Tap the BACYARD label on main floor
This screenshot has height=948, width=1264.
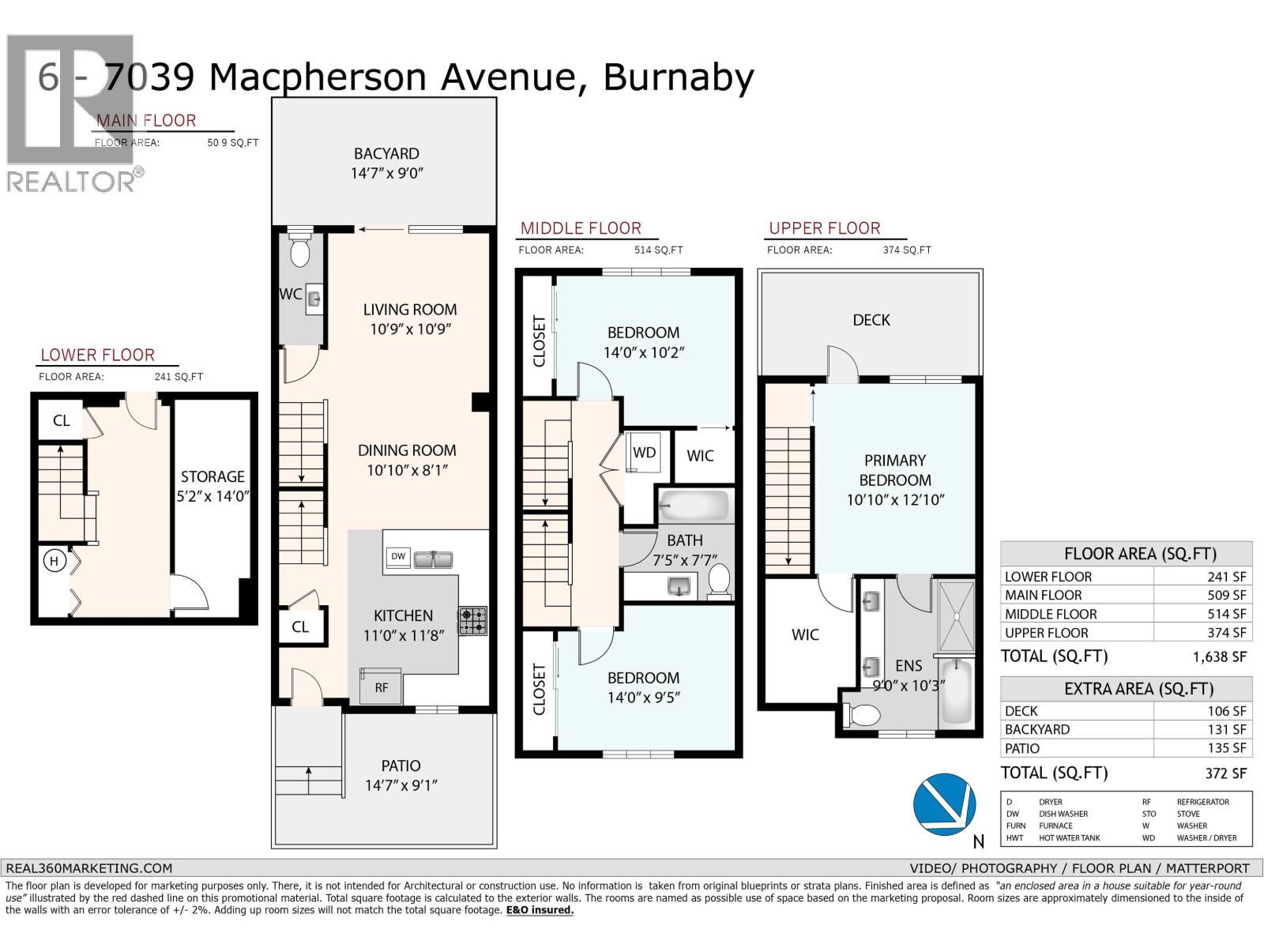[x=386, y=153]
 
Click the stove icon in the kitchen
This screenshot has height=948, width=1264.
[x=472, y=621]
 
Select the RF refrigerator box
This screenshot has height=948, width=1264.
[x=382, y=687]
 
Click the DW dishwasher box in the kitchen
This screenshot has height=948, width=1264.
[x=398, y=556]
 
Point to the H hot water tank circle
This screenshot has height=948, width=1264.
[x=55, y=562]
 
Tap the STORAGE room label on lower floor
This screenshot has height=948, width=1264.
[x=213, y=476]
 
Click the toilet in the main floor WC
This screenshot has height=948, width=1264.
[x=299, y=250]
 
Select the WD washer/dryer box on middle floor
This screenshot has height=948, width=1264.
[x=645, y=453]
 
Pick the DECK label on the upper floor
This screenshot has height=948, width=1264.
[x=871, y=320]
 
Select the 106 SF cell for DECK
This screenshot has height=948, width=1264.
[x=1226, y=711]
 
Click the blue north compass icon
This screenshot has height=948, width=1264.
[x=943, y=803]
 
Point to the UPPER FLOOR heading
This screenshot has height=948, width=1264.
[x=824, y=228]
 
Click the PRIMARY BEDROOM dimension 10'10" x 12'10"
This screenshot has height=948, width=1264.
[x=895, y=500]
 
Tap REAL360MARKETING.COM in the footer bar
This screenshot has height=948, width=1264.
[x=88, y=867]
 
